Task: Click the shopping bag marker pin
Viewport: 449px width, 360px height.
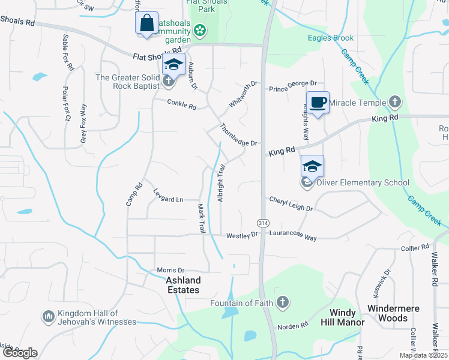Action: pyautogui.click(x=147, y=25)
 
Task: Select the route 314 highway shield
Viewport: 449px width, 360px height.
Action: pyautogui.click(x=263, y=223)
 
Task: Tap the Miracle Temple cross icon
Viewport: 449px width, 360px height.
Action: pyautogui.click(x=394, y=102)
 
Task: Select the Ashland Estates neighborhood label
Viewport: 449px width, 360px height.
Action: pyautogui.click(x=183, y=285)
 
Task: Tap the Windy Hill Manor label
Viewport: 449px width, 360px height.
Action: pyautogui.click(x=347, y=317)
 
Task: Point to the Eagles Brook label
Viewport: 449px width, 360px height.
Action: pyautogui.click(x=331, y=38)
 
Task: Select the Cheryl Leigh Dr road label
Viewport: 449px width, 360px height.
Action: pyautogui.click(x=291, y=203)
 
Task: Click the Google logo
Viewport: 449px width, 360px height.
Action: pyautogui.click(x=20, y=353)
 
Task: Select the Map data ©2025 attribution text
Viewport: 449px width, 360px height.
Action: pyautogui.click(x=423, y=355)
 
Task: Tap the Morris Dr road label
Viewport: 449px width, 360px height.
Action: pyautogui.click(x=170, y=271)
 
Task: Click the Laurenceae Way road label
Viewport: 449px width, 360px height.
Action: pyautogui.click(x=292, y=238)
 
